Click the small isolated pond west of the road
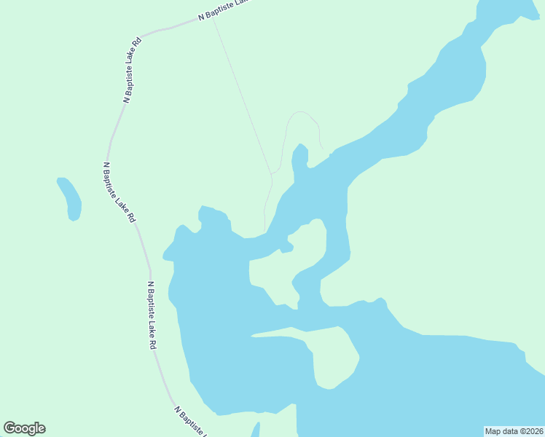pyautogui.click(x=70, y=198)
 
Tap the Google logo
pyautogui.click(x=24, y=428)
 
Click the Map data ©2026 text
pyautogui.click(x=514, y=431)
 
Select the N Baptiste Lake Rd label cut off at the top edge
pyautogui.click(x=224, y=9)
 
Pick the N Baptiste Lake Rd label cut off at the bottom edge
pyautogui.click(x=191, y=420)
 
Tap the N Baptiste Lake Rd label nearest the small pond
pyautogui.click(x=119, y=192)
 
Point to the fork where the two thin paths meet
pyautogui.click(x=272, y=173)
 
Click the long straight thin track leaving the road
pyautogui.click(x=240, y=95)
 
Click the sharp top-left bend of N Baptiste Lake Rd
pyautogui.click(x=143, y=34)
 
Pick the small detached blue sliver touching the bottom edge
pyautogui.click(x=256, y=430)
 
